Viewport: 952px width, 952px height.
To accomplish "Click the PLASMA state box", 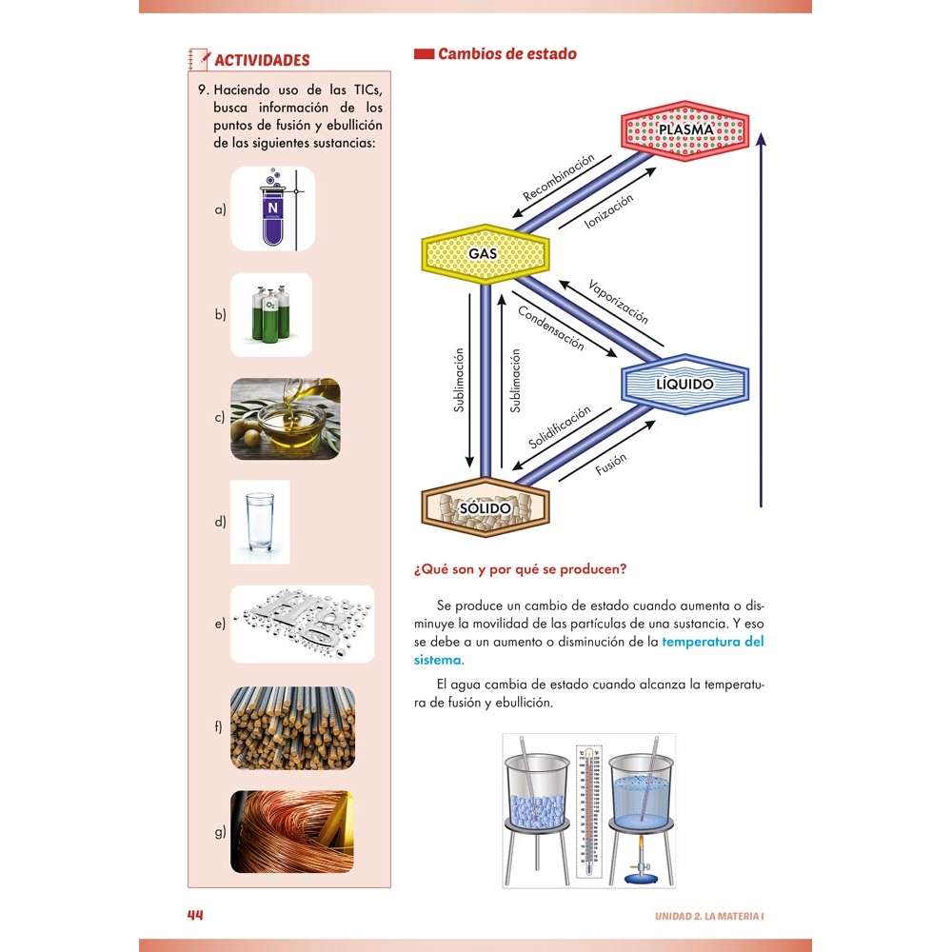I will tap(684, 129).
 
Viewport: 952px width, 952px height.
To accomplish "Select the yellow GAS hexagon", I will tap(485, 254).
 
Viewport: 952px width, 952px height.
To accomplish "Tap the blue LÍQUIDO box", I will tap(684, 384).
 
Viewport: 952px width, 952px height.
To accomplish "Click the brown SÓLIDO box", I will tap(486, 507).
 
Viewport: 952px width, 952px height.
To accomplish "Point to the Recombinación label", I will tap(559, 177).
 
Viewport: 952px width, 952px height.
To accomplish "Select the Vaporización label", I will tap(618, 302).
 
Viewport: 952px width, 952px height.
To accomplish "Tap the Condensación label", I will tap(551, 328).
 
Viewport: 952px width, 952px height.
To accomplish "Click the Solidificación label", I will tap(560, 428).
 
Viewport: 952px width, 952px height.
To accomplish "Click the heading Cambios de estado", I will tap(506, 54).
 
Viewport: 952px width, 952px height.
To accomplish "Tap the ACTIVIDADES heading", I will tap(262, 60).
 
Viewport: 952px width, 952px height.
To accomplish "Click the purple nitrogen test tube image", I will tap(272, 208).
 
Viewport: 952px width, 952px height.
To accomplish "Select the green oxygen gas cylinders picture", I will tap(270, 314).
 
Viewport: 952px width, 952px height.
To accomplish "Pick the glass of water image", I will tap(260, 522).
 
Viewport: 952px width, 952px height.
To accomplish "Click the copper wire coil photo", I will tap(292, 832).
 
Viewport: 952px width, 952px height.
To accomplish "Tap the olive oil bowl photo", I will tap(285, 419).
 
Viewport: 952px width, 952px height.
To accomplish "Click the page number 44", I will tap(195, 915).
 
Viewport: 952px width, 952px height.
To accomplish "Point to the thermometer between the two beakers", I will tap(590, 809).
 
